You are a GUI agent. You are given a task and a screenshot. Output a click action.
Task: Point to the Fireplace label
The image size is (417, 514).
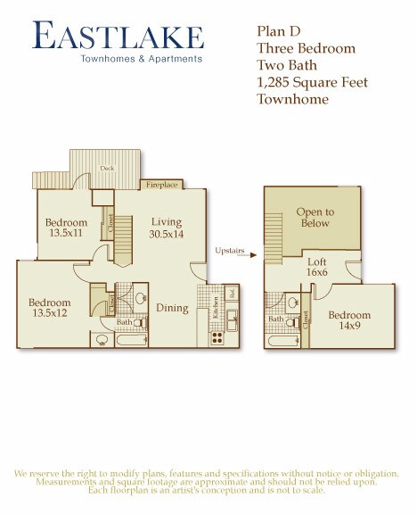(x=163, y=185)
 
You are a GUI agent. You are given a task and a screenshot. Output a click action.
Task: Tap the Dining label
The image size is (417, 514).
(x=173, y=309)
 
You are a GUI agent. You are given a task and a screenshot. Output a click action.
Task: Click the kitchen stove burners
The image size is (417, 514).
(x=216, y=338)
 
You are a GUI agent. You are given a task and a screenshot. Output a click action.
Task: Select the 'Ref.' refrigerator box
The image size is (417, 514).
(x=232, y=293)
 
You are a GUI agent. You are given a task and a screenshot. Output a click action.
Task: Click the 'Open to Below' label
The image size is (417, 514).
(x=315, y=218)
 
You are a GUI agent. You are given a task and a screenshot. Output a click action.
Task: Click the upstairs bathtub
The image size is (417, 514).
(x=285, y=340)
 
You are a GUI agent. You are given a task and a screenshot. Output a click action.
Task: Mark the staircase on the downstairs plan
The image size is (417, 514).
(x=123, y=236)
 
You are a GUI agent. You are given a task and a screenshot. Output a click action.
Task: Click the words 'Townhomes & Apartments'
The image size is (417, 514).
(x=153, y=59)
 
